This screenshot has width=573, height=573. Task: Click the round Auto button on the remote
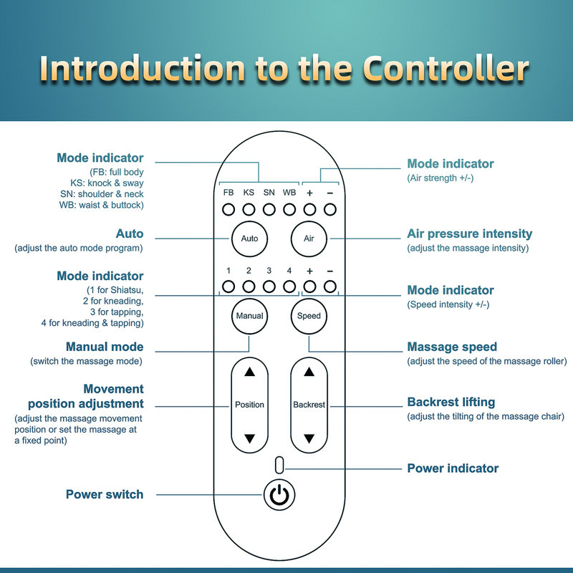point(249,239)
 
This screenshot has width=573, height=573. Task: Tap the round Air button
point(309,239)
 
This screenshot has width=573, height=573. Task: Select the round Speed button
point(309,316)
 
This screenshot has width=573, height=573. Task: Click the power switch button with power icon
point(279,495)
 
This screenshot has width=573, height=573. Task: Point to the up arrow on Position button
point(249,372)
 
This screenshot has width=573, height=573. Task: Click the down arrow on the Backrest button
point(309,438)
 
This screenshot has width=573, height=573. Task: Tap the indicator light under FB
point(228,210)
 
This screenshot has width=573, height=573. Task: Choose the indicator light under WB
point(289,210)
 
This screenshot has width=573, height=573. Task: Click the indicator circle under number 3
point(269,286)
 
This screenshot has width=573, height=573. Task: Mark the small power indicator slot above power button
point(279,465)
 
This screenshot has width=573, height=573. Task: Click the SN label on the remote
point(269,192)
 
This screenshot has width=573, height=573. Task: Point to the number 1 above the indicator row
point(228,271)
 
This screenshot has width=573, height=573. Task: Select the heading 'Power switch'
point(105,494)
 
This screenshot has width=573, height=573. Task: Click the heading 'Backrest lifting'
point(451,402)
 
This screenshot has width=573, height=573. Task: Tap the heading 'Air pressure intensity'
point(470,233)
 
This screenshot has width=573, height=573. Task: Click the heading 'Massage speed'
point(452,347)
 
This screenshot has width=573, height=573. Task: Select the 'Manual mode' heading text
point(105,347)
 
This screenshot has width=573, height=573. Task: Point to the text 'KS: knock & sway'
point(107,183)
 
